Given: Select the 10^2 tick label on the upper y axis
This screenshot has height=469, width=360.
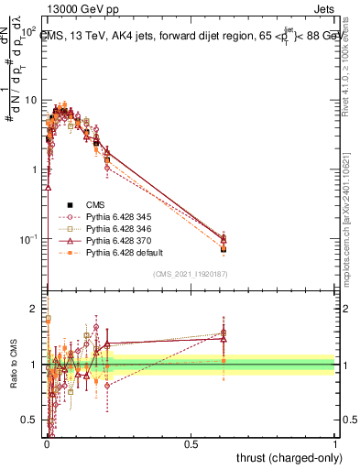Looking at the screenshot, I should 27,31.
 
